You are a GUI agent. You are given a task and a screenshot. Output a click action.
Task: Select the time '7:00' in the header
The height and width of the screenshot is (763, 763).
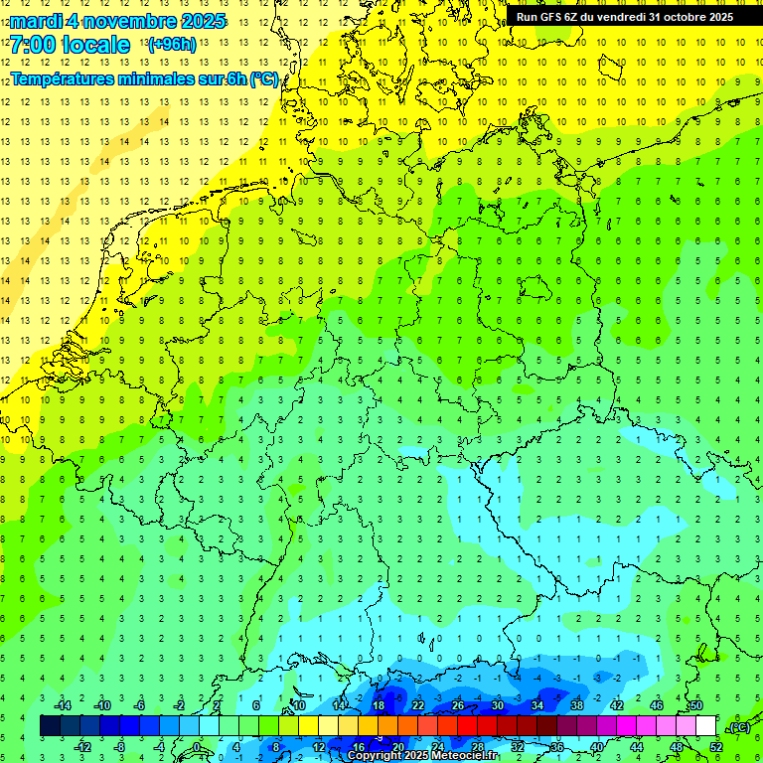tap(32, 45)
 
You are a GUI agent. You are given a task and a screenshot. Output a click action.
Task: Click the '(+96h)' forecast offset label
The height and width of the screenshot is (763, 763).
tap(171, 45)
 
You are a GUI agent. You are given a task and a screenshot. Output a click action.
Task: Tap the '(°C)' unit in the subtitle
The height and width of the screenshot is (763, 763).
tap(262, 79)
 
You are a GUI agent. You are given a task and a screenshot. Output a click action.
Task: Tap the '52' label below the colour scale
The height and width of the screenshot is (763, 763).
tap(716, 747)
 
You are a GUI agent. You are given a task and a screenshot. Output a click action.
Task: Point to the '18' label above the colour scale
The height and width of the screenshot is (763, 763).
tap(378, 705)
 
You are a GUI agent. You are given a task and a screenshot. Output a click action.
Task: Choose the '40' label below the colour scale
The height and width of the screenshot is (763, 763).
tap(596, 747)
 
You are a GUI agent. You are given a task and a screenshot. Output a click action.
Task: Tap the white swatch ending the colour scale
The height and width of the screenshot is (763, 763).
tap(704, 726)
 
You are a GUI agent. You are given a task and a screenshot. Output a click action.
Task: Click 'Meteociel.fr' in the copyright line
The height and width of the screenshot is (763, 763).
tap(465, 756)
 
